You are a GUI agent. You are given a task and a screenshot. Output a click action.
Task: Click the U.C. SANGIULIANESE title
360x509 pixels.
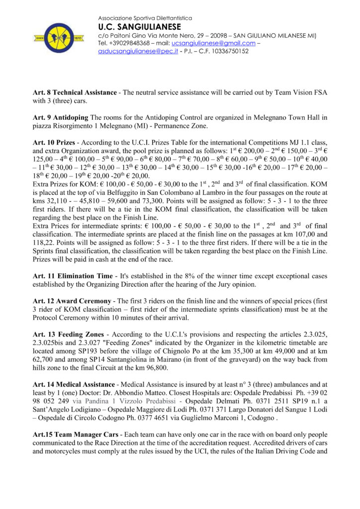140,27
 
